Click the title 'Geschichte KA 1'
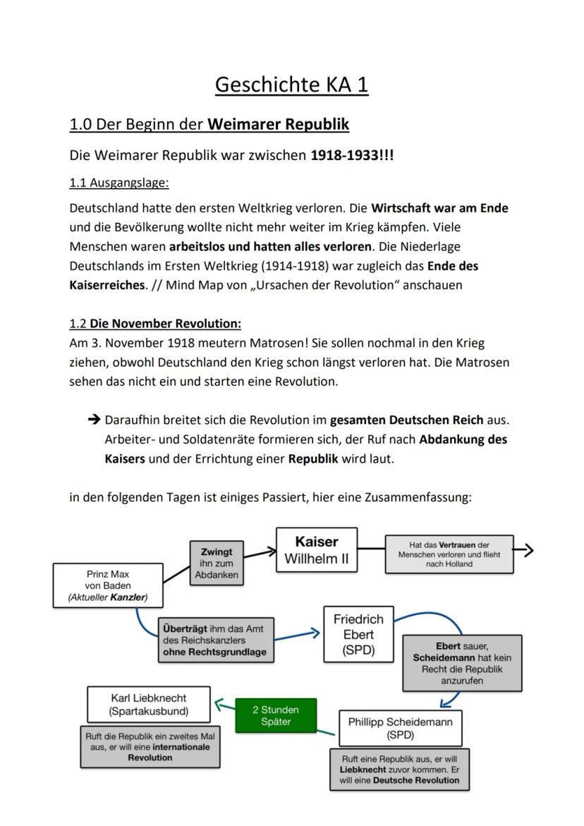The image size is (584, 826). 291,85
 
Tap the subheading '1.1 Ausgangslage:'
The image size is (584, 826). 119,183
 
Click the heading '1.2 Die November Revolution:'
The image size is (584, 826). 155,324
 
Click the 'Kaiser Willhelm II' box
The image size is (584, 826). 317,550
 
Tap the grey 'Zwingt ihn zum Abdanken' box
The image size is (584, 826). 217,563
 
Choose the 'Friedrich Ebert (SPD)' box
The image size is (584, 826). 358,634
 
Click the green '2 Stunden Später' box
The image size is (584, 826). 275,715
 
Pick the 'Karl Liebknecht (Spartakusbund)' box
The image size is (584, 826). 149,704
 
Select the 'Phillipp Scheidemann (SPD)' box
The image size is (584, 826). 400,728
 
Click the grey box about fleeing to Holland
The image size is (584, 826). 449,554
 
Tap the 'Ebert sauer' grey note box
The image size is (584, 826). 462,663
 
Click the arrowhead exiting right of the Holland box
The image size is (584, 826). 528,550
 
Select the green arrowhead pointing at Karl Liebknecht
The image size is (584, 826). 219,703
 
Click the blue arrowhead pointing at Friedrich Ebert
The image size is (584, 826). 315,634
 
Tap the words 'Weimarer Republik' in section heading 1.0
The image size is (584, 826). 279,125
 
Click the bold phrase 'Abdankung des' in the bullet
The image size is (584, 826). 463,439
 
